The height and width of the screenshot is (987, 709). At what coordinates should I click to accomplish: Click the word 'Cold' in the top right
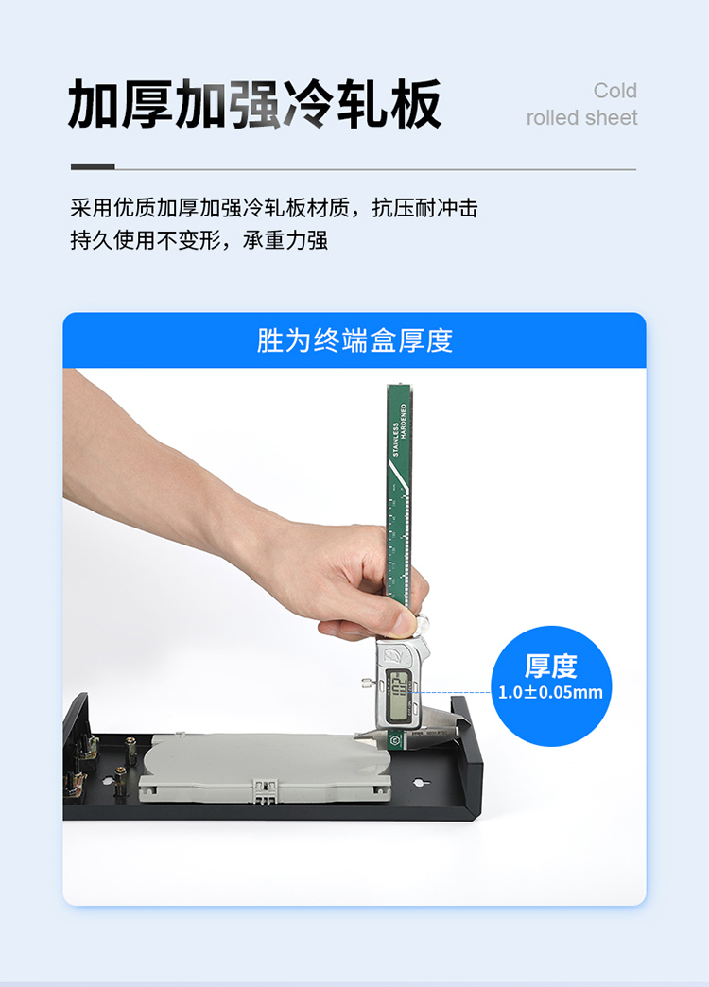coord(614,91)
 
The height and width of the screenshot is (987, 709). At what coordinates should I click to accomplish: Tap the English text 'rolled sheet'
coord(581,118)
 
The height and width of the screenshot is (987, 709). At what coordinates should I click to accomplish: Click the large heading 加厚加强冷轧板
coord(255,105)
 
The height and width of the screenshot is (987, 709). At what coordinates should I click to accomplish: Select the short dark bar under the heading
coord(93,166)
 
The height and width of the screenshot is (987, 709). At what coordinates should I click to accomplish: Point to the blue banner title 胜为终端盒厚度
coord(354,340)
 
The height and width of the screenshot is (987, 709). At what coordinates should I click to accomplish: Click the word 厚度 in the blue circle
coord(550,666)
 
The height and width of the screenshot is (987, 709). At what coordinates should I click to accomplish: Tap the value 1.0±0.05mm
coord(550,692)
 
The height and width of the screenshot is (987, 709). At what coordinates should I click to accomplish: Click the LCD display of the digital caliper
coord(399,696)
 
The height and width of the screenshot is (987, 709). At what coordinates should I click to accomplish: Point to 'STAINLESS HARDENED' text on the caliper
coord(400,430)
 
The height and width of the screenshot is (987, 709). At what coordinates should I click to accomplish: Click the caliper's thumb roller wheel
coord(422,623)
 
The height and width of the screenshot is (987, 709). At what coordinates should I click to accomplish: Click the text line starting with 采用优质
coord(274,208)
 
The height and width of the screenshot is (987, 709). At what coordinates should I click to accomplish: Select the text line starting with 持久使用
coord(199,240)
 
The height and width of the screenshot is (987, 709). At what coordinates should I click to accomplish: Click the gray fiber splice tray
coord(265,768)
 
